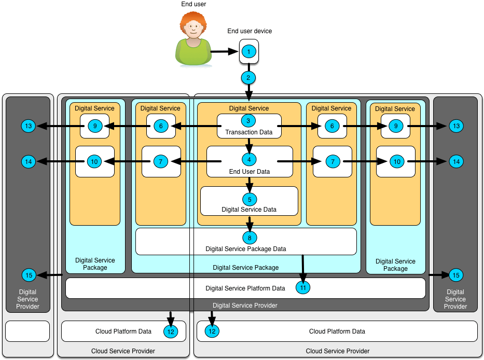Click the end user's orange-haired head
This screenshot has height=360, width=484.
(193, 26)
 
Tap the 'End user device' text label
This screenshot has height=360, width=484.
(250, 31)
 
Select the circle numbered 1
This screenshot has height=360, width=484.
(249, 52)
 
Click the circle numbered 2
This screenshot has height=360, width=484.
(248, 78)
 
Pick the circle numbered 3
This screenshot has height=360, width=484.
(248, 121)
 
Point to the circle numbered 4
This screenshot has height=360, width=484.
(249, 160)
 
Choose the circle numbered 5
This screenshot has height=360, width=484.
(249, 199)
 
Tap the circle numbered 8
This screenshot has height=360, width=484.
(249, 238)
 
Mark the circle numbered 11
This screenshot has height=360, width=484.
(303, 287)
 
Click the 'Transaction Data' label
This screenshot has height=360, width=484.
(248, 132)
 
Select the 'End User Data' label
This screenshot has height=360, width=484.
(248, 172)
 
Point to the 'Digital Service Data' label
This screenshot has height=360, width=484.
(248, 210)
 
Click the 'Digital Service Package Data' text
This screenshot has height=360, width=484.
(245, 249)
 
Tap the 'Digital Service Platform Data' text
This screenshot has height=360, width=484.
(245, 288)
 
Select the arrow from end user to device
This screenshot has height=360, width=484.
(224, 52)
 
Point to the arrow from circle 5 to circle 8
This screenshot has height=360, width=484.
(249, 223)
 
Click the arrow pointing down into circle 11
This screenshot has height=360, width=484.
(302, 267)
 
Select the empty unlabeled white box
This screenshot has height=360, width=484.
(27, 331)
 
